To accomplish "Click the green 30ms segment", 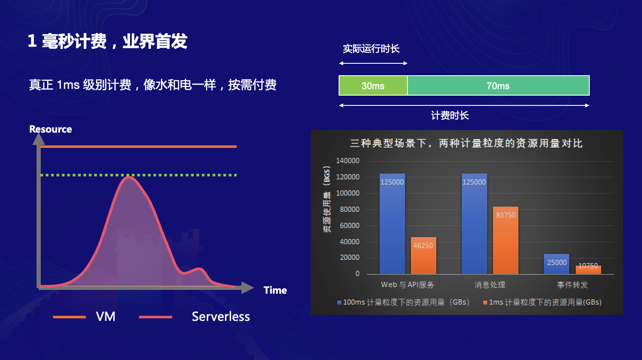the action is point(373,85).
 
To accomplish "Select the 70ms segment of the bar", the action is point(498,85).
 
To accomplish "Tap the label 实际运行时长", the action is point(371,49).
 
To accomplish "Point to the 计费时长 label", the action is point(450,116).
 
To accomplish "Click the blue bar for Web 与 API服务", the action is point(392,224).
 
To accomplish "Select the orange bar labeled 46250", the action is point(424,255).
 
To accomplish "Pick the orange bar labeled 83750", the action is point(506,240).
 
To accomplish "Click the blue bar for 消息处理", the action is point(474,224).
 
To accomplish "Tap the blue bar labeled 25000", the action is point(557,264).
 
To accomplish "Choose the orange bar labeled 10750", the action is point(588,270).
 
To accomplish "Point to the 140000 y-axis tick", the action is point(348,161).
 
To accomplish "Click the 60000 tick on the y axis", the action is point(349,226).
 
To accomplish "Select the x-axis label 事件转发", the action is point(572,285).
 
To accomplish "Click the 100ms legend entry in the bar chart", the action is point(404,302).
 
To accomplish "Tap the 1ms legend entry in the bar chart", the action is point(542,302).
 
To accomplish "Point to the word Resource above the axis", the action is point(51,129).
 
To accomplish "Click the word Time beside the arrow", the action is point(275,290).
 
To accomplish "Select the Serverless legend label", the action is point(221,316).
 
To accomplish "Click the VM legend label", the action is point(105,316).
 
